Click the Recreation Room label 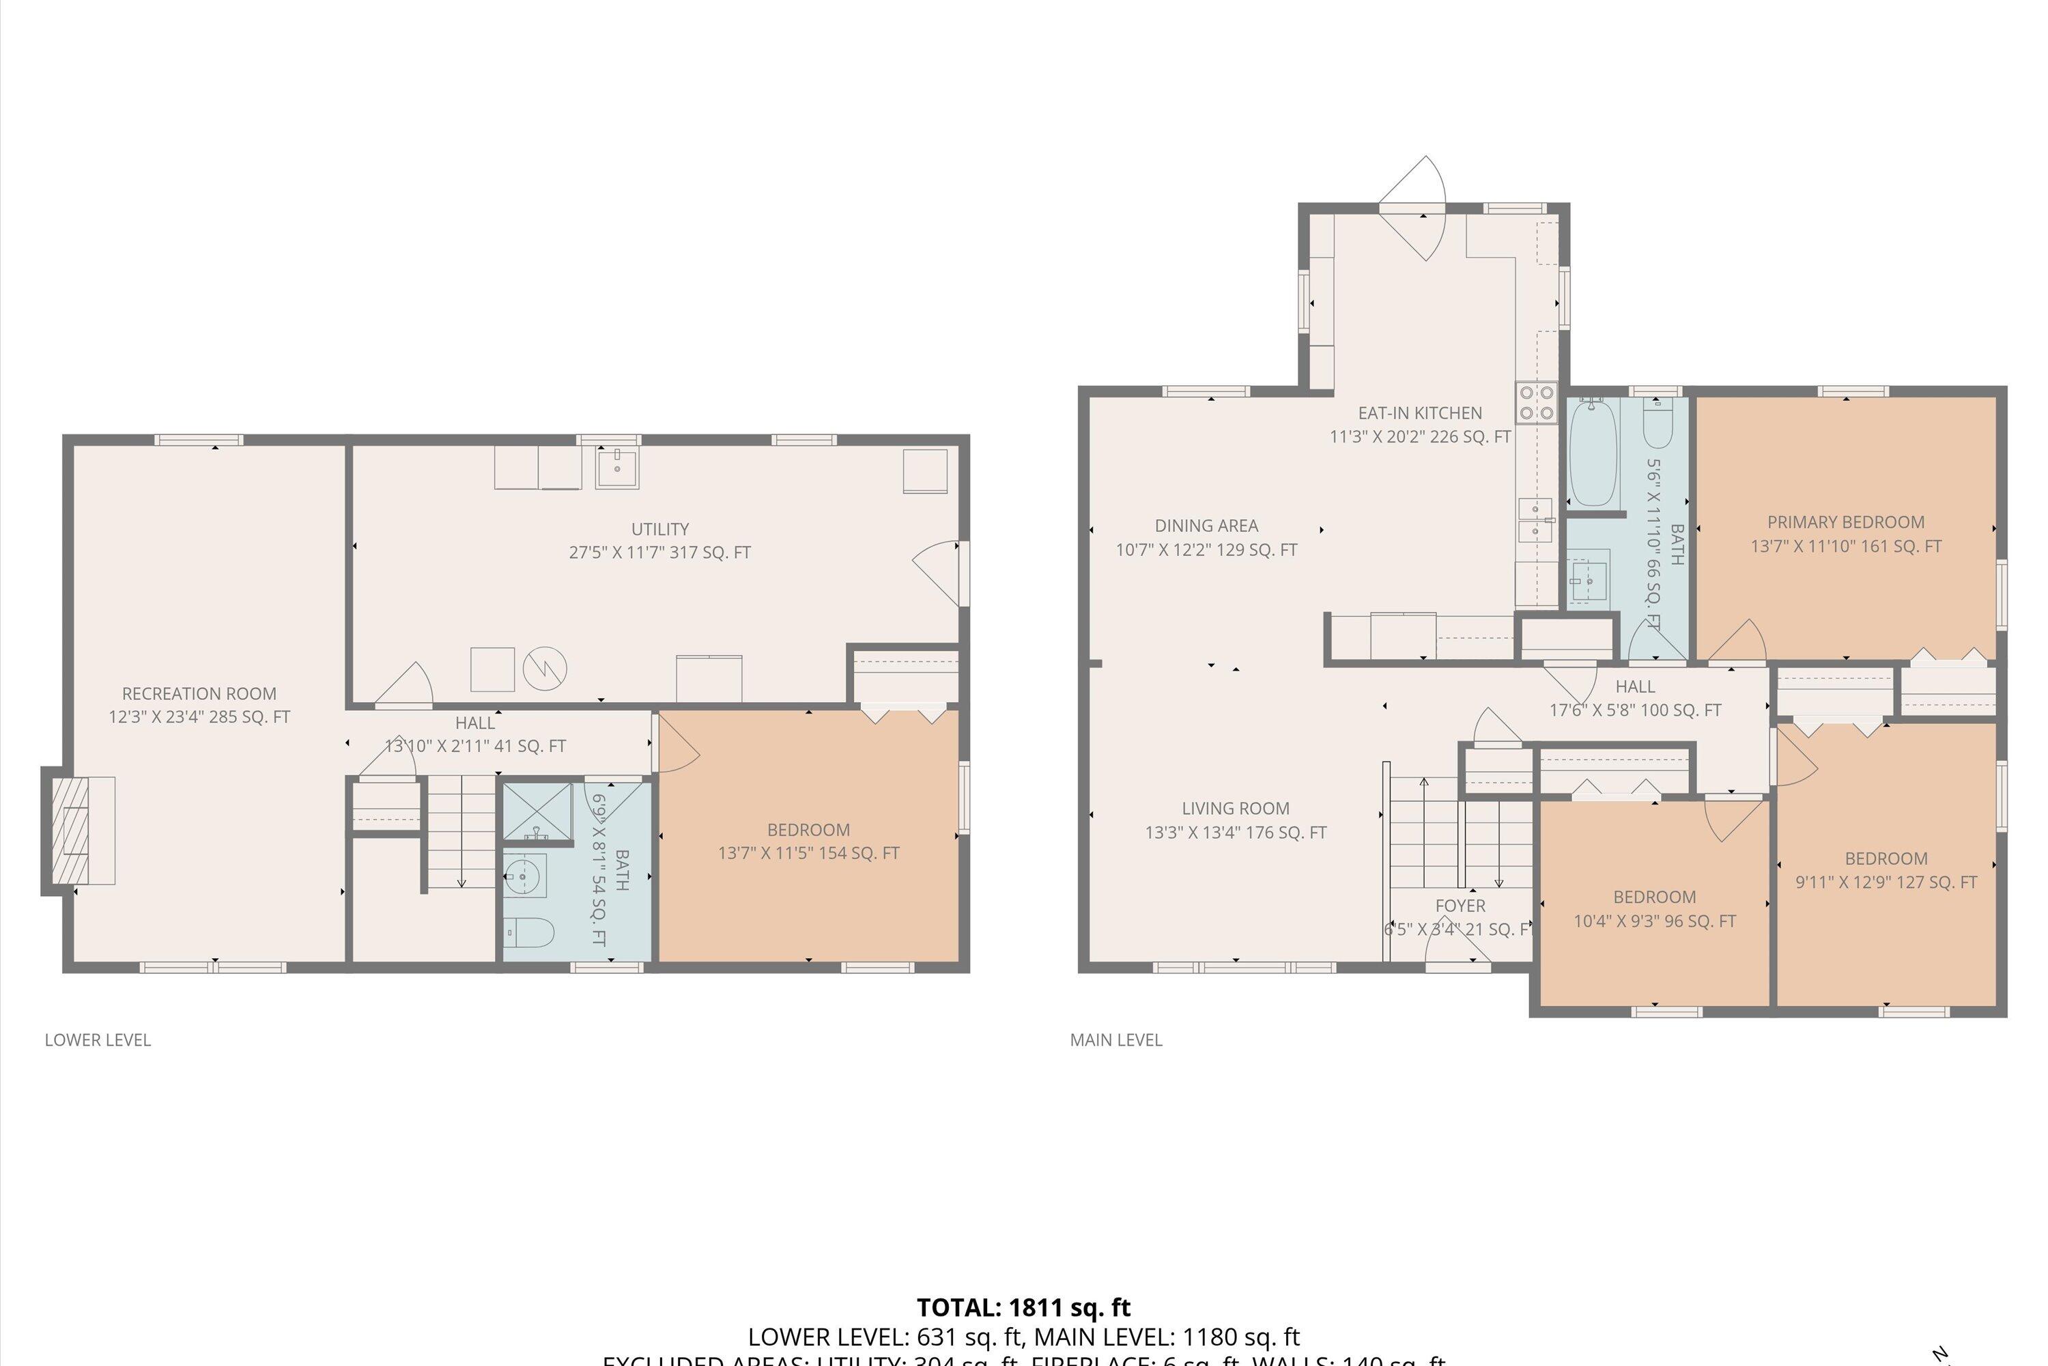199,693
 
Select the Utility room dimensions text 659,553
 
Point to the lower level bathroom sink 524,876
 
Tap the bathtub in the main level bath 1593,452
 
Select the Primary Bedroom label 1845,522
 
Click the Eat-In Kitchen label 1419,413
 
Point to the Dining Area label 1206,525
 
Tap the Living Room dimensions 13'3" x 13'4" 1235,832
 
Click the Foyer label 1460,905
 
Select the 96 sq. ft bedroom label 1653,896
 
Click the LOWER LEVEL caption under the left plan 98,1040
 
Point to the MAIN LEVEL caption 1115,1040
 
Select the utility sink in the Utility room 616,467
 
